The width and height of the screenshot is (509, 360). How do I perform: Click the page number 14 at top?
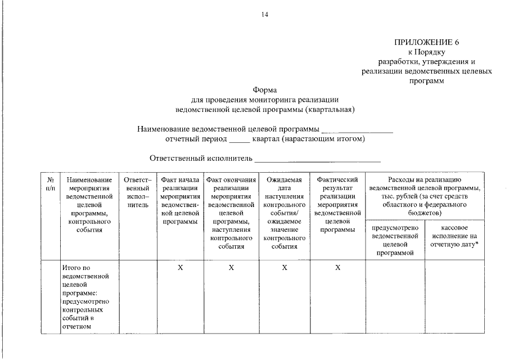[265, 15]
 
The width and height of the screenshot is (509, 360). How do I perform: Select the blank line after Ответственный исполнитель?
[317, 159]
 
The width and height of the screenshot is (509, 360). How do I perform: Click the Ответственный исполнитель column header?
[138, 192]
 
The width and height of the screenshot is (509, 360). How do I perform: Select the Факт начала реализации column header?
[180, 201]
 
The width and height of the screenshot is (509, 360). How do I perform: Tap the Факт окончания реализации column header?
[231, 213]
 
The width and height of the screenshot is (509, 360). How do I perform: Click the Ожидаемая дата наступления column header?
[284, 213]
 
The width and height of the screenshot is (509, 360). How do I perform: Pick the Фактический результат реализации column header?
[337, 204]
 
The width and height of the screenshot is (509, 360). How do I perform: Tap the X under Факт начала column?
[180, 268]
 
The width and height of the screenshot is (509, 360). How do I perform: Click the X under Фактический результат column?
[337, 268]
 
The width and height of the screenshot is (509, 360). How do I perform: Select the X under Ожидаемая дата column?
[284, 268]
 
